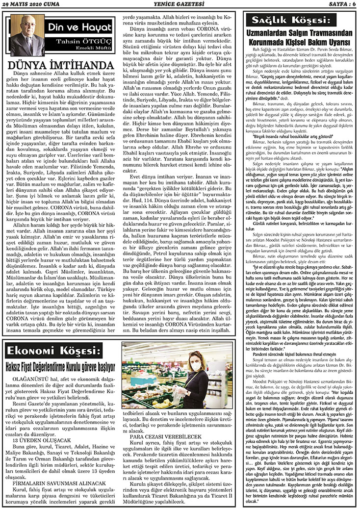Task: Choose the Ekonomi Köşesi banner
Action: pos(59,352)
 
